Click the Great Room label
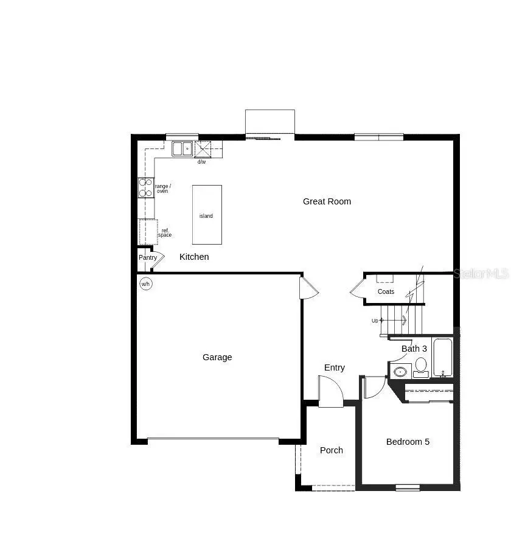click(x=327, y=201)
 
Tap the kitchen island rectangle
click(x=207, y=215)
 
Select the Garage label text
click(x=217, y=357)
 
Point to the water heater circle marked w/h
click(x=146, y=284)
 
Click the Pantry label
click(x=148, y=257)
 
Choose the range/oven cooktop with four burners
click(x=146, y=187)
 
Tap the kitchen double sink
click(x=182, y=148)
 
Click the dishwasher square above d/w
click(x=203, y=149)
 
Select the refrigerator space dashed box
click(x=148, y=232)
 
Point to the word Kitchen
click(x=194, y=257)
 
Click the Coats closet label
click(x=386, y=291)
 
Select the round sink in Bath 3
click(x=401, y=371)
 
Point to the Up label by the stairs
click(x=375, y=321)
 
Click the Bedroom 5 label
click(x=408, y=442)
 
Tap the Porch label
click(x=332, y=450)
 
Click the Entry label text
click(x=335, y=368)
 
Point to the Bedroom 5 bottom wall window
click(x=408, y=487)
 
